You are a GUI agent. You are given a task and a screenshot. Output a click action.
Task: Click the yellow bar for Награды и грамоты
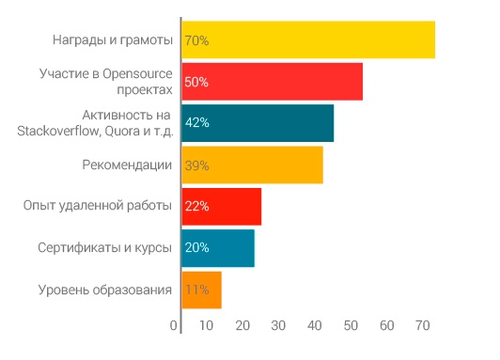click(307, 40)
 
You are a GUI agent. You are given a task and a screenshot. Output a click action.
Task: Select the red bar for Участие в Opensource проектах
click(272, 82)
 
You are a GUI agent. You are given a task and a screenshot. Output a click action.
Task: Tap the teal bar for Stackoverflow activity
click(257, 123)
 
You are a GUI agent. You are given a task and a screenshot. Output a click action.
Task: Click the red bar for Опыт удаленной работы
click(221, 206)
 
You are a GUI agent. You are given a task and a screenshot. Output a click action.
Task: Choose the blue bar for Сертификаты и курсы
click(217, 247)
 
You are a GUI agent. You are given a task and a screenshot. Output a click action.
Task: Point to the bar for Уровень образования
click(201, 290)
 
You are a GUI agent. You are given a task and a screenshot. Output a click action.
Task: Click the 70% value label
click(196, 40)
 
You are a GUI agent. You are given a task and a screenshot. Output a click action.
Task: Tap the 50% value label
click(196, 82)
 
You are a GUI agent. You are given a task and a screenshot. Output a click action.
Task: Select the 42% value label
click(196, 123)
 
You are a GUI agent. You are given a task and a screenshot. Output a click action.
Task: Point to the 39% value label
click(196, 164)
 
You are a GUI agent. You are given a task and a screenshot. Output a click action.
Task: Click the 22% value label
click(196, 206)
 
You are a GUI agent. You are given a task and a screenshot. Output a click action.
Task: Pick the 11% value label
click(196, 290)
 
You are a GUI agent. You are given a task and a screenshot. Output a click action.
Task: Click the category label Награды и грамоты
click(113, 40)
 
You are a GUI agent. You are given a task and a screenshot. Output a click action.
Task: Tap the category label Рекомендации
click(127, 164)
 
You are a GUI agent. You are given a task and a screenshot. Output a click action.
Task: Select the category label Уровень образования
click(105, 290)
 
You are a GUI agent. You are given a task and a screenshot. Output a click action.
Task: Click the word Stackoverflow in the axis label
click(55, 131)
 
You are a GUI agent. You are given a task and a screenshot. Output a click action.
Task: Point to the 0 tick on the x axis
click(174, 326)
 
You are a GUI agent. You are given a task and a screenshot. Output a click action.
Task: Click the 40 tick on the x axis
click(314, 326)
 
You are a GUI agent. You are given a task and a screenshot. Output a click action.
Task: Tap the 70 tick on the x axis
click(422, 326)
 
